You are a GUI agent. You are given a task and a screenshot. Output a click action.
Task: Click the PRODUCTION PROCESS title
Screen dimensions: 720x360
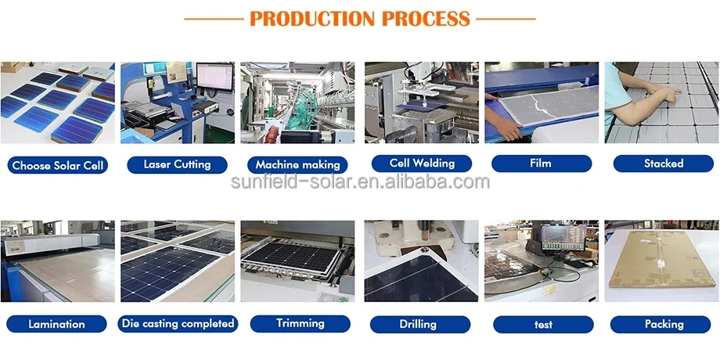coord(360,18)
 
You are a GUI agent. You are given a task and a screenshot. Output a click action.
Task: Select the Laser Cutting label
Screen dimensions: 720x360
coord(177,164)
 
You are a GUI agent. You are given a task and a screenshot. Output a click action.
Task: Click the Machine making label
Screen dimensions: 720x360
coord(298,165)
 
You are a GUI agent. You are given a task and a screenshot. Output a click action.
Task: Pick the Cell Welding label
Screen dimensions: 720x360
coord(422,164)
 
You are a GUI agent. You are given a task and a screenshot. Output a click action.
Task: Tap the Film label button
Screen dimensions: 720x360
coord(540,164)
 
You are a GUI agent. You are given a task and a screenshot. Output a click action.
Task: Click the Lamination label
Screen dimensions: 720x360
coord(56,324)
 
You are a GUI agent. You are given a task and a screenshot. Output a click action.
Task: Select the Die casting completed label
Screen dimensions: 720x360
coord(178,323)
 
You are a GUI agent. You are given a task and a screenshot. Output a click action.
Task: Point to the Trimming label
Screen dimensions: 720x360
coord(300,322)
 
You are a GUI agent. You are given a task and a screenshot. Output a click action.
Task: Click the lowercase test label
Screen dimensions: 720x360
coord(542,324)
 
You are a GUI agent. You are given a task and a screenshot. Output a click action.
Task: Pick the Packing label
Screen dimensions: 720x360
coord(664,324)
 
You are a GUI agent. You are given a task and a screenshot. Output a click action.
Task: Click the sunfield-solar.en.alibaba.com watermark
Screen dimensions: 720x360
coord(360,183)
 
